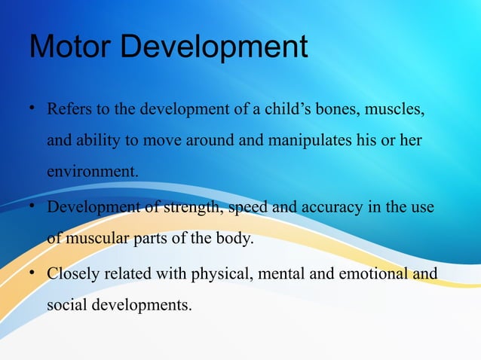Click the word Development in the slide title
pyautogui.click(x=214, y=48)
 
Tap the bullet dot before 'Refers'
pyautogui.click(x=32, y=111)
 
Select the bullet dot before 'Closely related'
pyautogui.click(x=32, y=273)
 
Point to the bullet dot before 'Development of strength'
pyautogui.click(x=32, y=207)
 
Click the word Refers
pyautogui.click(x=69, y=111)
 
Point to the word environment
pyautogui.click(x=93, y=172)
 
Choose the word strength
pyautogui.click(x=191, y=208)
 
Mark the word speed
pyautogui.click(x=247, y=208)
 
